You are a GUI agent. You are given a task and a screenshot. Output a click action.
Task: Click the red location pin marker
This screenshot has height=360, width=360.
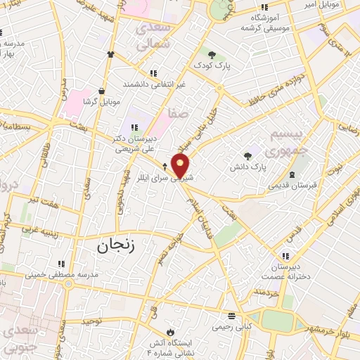pos(181,165)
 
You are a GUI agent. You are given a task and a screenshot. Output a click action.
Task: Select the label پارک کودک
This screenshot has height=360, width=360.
pos(212,65)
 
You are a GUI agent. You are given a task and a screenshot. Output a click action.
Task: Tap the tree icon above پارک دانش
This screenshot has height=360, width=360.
pos(246,156)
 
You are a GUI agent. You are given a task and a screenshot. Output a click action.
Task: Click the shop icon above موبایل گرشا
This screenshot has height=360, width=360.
pos(103,91)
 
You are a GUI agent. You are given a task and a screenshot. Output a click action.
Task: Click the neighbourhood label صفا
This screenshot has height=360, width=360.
pos(178,112)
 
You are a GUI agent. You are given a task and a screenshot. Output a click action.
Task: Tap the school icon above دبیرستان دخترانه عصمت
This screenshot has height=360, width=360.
pos(285,257)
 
